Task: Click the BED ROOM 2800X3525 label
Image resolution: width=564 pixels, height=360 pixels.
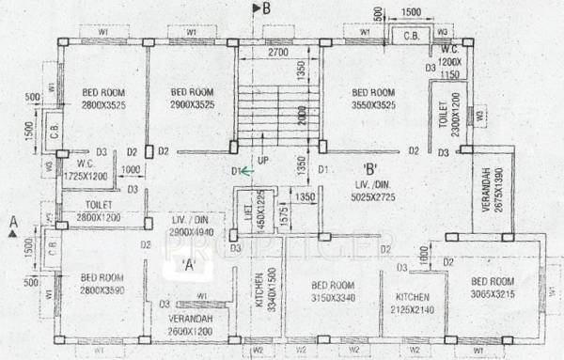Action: coord(102,98)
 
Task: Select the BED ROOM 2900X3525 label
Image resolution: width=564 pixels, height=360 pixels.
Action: coord(194,98)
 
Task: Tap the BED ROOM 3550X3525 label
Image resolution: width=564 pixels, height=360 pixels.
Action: coord(374,98)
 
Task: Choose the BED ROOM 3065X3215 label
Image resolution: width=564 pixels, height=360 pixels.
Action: coord(493,289)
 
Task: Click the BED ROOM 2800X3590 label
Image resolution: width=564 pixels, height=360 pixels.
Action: coord(102,284)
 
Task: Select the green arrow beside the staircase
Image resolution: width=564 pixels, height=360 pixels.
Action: coord(245,171)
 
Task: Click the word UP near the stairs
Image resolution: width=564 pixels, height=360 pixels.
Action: coord(263,162)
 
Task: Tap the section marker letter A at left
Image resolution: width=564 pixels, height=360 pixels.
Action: coord(12,222)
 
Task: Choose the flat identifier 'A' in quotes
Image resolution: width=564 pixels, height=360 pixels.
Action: coord(189,264)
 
